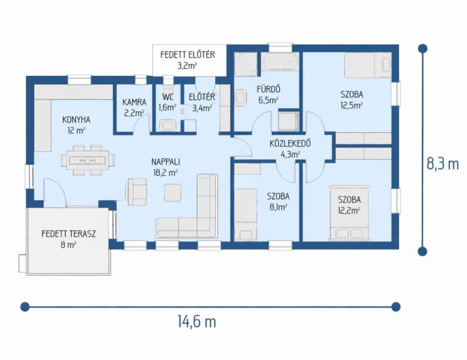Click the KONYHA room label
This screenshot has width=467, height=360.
tap(77, 120)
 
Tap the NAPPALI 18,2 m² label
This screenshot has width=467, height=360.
tap(165, 167)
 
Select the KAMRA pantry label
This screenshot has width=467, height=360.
tap(134, 102)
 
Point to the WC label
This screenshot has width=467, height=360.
tap(167, 97)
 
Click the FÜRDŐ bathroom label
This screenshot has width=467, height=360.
tap(268, 89)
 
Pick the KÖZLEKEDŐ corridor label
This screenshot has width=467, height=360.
tap(290, 143)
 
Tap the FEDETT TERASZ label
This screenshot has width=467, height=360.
tap(69, 234)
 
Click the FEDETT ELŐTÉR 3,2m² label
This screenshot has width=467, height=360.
tap(188, 60)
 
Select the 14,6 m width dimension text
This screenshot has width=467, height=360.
tap(197, 322)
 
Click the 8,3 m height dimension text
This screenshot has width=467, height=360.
tap(443, 164)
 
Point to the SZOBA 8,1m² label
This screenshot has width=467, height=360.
tap(278, 202)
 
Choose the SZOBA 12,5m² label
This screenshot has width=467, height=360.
tap(352, 100)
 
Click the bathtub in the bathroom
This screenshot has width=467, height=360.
tap(280, 62)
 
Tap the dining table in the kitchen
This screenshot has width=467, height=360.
tap(88, 160)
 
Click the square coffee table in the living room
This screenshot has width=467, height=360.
tap(173, 192)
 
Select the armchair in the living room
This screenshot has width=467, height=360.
tap(136, 192)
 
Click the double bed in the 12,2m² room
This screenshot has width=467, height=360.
tap(349, 213)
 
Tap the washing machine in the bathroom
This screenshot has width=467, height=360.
tap(288, 121)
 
